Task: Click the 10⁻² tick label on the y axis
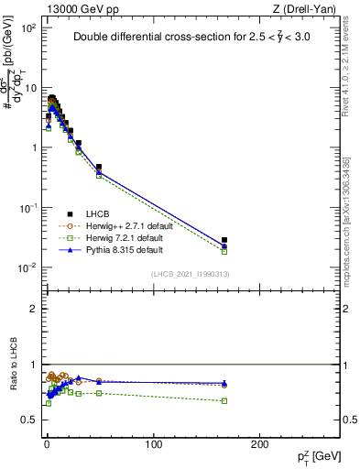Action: click(x=27, y=268)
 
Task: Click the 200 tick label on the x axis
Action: click(x=260, y=443)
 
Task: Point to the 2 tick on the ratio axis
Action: click(x=35, y=309)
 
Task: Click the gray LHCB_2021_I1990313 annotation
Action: click(x=191, y=275)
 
